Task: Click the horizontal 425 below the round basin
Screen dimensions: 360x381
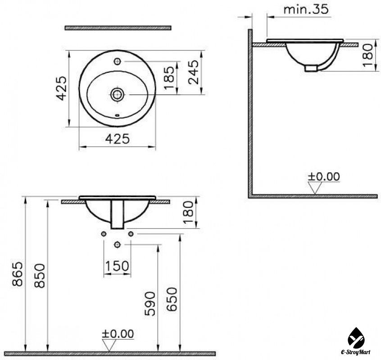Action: coord(117,139)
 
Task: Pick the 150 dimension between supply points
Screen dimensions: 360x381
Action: coord(117,267)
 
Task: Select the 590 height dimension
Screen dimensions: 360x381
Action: coord(150,302)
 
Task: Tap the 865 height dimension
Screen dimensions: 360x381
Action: coord(17,274)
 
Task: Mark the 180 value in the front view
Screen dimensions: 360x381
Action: coord(189,213)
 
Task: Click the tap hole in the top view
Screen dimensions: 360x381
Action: coord(117,60)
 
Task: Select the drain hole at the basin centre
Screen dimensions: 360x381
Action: coord(118,94)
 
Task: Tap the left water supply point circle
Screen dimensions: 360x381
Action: coord(104,234)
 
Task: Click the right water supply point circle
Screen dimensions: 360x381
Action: coord(131,234)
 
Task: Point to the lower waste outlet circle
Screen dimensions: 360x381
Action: coord(118,244)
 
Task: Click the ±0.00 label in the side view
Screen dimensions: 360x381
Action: coord(324,176)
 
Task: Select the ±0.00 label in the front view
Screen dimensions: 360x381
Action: coord(118,333)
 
